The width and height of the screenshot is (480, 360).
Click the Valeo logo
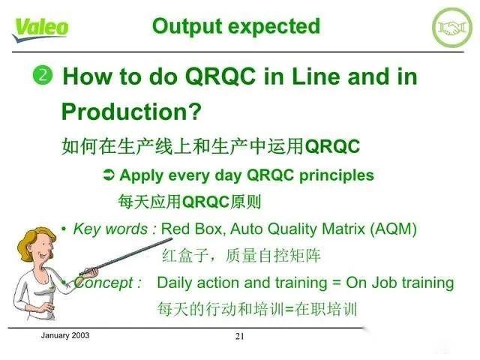(x=40, y=27)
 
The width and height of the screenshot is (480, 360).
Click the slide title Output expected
(x=235, y=26)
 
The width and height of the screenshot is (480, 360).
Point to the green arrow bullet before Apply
(x=108, y=176)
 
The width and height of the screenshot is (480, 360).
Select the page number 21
(x=240, y=337)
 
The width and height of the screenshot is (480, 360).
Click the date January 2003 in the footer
(x=64, y=335)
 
